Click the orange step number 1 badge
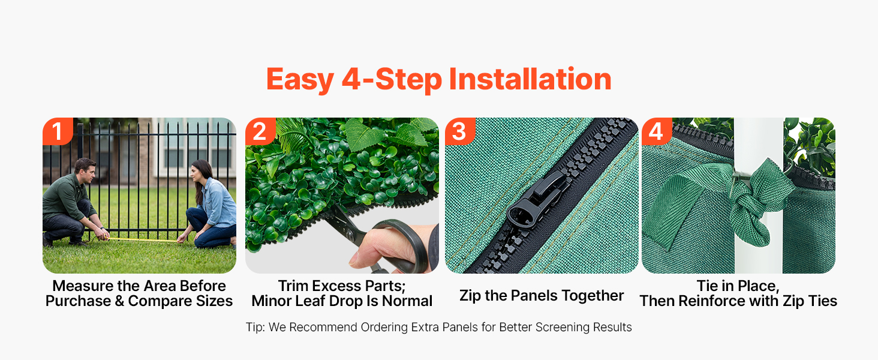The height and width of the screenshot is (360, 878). tap(58, 131)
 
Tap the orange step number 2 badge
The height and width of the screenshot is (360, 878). tap(260, 131)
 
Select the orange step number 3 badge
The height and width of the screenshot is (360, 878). tap(460, 131)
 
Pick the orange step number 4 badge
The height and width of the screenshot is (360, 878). tap(657, 131)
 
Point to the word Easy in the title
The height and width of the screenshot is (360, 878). tap(300, 80)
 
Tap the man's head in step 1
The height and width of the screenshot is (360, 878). tap(85, 171)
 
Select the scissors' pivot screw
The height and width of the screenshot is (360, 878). tap(349, 235)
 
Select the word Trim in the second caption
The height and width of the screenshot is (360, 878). tap(293, 286)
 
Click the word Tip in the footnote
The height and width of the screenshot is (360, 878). tap(254, 327)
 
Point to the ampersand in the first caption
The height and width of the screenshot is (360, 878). tap(119, 301)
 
